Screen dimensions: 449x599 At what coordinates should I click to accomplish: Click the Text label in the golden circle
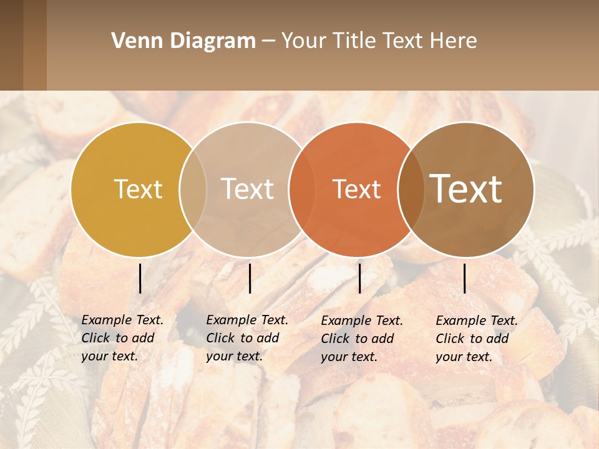click(138, 189)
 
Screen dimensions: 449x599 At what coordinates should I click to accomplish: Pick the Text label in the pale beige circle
click(247, 189)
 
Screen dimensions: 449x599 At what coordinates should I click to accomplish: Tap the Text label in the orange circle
click(356, 189)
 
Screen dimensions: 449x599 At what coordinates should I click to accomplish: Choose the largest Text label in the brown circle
click(466, 189)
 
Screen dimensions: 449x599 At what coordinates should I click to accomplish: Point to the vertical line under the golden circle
click(140, 278)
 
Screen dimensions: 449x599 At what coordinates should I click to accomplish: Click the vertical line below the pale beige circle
click(250, 278)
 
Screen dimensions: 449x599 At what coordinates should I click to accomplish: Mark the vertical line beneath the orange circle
click(359, 278)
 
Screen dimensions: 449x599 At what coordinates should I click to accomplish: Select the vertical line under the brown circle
click(465, 278)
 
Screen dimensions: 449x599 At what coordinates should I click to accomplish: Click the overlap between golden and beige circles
click(193, 190)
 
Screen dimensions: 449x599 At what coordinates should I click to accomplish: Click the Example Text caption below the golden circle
click(122, 338)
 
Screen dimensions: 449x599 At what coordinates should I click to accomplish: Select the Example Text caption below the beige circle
click(247, 338)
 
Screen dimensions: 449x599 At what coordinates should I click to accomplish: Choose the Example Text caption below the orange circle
click(362, 339)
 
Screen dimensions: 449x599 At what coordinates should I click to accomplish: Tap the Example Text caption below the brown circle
click(477, 339)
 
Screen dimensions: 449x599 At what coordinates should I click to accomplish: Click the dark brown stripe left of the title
click(11, 45)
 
